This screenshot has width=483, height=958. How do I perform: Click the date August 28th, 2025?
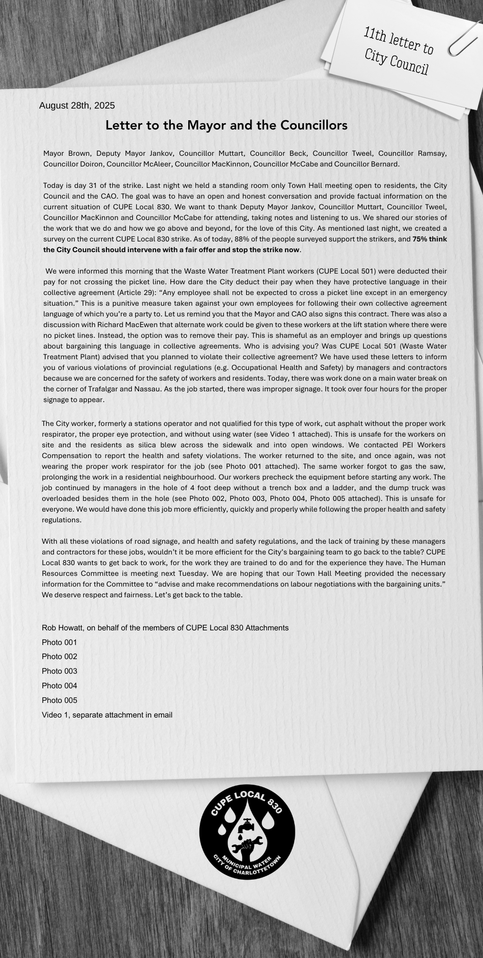pyautogui.click(x=77, y=106)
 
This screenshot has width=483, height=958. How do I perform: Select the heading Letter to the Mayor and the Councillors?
pyautogui.click(x=226, y=126)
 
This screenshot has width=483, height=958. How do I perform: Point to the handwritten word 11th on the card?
pyautogui.click(x=374, y=35)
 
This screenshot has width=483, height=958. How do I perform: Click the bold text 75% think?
pyautogui.click(x=429, y=239)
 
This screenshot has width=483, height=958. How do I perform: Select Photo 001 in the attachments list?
pyautogui.click(x=59, y=643)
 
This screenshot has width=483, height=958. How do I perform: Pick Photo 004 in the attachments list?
pyautogui.click(x=59, y=686)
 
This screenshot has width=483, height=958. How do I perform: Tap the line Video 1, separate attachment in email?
pyautogui.click(x=107, y=715)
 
